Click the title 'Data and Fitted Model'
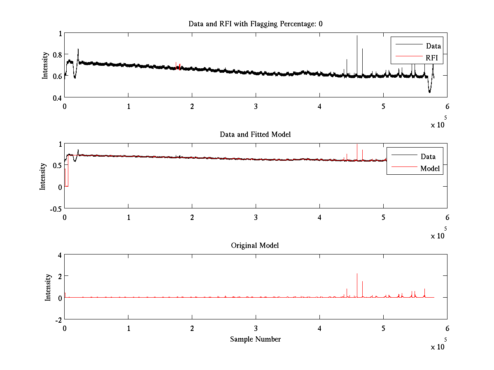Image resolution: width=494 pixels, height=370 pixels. pos(255,134)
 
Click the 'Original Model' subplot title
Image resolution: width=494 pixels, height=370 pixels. pos(255,245)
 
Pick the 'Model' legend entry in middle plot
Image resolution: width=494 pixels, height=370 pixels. pos(430,169)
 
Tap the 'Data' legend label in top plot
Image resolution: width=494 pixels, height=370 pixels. pos(433,46)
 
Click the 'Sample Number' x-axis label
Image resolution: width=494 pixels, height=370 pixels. pos(255,339)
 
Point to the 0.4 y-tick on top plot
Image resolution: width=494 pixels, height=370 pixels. pos(56,98)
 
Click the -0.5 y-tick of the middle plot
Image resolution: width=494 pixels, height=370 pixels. pos(55,208)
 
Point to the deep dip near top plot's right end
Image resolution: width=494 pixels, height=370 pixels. pos(429,91)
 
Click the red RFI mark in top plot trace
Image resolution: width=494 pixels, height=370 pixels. pos(180,67)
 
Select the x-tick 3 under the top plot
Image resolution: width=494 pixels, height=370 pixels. pos(256,106)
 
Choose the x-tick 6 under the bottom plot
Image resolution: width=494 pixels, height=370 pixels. pos(447,328)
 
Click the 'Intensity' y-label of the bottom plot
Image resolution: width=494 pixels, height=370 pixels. pos(49,287)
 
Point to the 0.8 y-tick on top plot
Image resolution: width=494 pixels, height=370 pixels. pos(56,55)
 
